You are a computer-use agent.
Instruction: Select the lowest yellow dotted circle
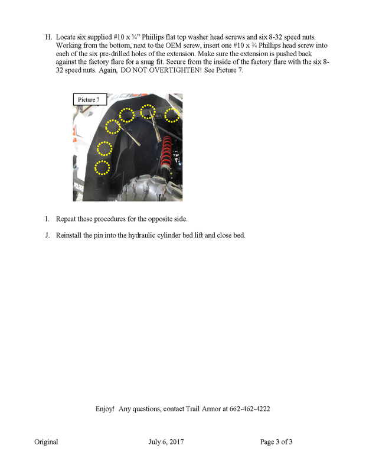(x=103, y=167)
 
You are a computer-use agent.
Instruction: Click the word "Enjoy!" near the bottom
(x=106, y=408)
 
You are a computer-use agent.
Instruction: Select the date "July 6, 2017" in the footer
(x=166, y=441)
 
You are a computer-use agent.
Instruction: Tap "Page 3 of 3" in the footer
(x=276, y=441)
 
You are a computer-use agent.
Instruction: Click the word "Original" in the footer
(x=46, y=441)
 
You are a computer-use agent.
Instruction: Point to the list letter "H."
(x=48, y=37)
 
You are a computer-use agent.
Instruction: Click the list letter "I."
(x=47, y=219)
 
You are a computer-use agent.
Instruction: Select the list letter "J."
(x=48, y=235)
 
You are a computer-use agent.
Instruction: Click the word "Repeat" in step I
(x=67, y=219)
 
